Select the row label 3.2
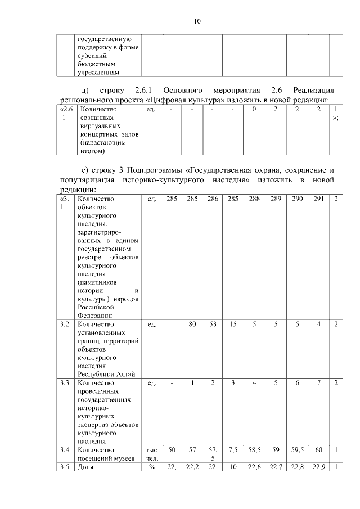pos(64,325)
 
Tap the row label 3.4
pos(64,451)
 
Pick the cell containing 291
pos(318,199)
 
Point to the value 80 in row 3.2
pos(192,325)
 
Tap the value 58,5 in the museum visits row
pos(254,451)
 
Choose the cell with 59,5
pos(297,451)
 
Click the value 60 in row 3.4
pos(318,451)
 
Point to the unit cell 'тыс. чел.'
pos(152,454)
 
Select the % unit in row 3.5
pos(152,468)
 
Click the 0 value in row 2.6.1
pos(254,109)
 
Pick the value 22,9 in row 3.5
pos(318,468)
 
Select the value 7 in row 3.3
pos(318,383)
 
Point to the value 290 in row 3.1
pos(297,199)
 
